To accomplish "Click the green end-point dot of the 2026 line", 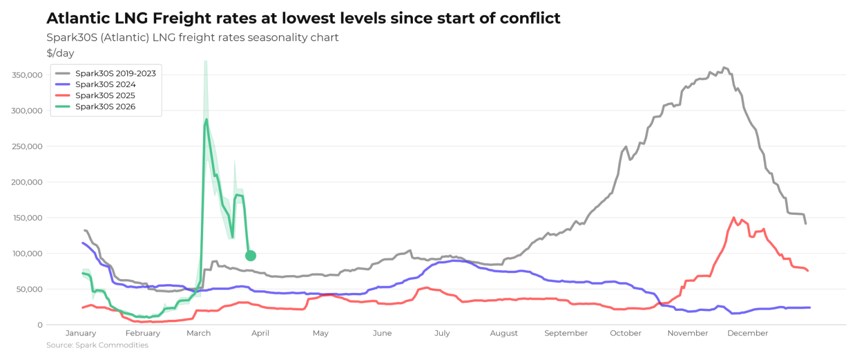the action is click(251, 256).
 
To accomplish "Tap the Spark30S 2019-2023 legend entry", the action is click(105, 73).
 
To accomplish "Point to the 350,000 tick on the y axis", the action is click(27, 75).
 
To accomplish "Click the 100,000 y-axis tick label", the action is click(27, 253).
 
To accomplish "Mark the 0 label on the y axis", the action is click(40, 325).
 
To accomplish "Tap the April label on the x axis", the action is click(260, 333).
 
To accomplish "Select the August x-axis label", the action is click(504, 333).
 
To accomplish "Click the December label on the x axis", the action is click(748, 333).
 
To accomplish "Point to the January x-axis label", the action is click(81, 333).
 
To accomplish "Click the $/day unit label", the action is click(60, 53).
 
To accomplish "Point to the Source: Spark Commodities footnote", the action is click(97, 345).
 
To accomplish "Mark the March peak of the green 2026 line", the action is click(206, 119).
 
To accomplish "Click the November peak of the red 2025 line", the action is click(734, 218).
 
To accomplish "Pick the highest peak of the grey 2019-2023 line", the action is click(724, 68).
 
